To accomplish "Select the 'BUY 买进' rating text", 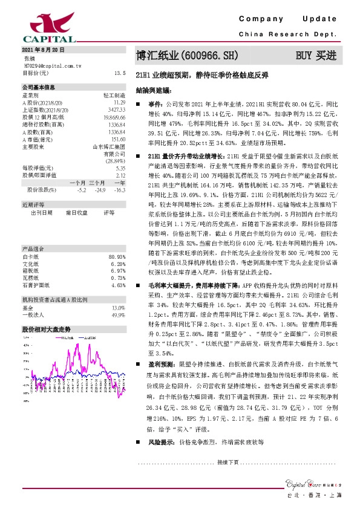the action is tap(315, 56).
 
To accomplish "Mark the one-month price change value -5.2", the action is tap(81, 190).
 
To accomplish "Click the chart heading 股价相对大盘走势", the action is tap(47, 329).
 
